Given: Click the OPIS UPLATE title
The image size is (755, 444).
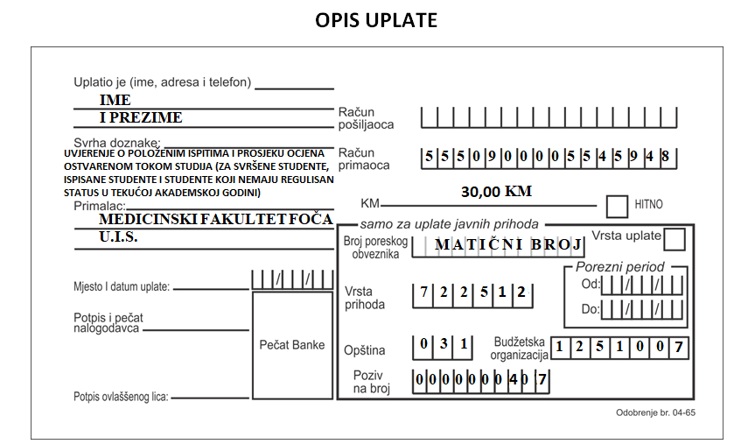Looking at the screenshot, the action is tap(376, 20).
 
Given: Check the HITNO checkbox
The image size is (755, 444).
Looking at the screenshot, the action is tap(617, 207).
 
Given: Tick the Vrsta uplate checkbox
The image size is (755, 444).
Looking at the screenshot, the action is tap(675, 239).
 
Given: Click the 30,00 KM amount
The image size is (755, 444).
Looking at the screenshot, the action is tap(496, 192).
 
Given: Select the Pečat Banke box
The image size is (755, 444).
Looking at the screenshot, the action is tap(292, 345).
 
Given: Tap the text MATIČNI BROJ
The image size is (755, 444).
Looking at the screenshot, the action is tap(508, 244).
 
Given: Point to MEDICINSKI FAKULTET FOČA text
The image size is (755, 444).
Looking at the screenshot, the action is tap(216, 219).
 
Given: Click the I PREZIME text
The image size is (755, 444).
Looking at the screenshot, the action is tap(141, 117).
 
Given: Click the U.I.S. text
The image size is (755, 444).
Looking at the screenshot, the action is tap(118, 236).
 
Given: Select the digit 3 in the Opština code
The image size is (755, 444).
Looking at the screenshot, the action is tap(444, 343).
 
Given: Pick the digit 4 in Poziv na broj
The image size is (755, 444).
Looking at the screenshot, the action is tap(514, 380).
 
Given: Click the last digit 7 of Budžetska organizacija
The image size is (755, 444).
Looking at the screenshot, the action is tap(678, 347).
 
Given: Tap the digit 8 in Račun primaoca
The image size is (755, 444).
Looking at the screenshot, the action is tap(665, 156).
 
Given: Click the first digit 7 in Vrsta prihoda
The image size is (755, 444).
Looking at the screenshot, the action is tap(423, 292).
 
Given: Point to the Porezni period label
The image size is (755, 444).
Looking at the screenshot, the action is tap(619, 266).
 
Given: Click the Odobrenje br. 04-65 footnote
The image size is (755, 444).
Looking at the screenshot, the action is tap(655, 412).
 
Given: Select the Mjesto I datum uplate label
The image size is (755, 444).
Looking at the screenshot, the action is tap(122, 287).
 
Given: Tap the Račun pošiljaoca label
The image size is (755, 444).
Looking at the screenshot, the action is tap(366, 118).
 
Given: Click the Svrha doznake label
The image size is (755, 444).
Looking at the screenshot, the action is tap(116, 143).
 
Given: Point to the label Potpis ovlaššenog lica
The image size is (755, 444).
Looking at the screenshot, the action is tap(121, 397).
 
